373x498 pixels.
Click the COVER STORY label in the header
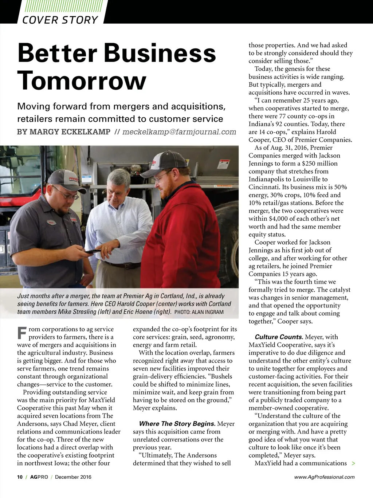60,20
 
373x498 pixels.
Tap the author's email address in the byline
179,132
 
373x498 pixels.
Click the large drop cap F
22,333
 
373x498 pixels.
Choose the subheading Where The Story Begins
177,424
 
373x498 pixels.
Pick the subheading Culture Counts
279,337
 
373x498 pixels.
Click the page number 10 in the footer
20,477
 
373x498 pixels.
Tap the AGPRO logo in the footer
39,477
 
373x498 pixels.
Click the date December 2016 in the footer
73,477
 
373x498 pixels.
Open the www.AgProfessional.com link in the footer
324,477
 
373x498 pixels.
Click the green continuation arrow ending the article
353,463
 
